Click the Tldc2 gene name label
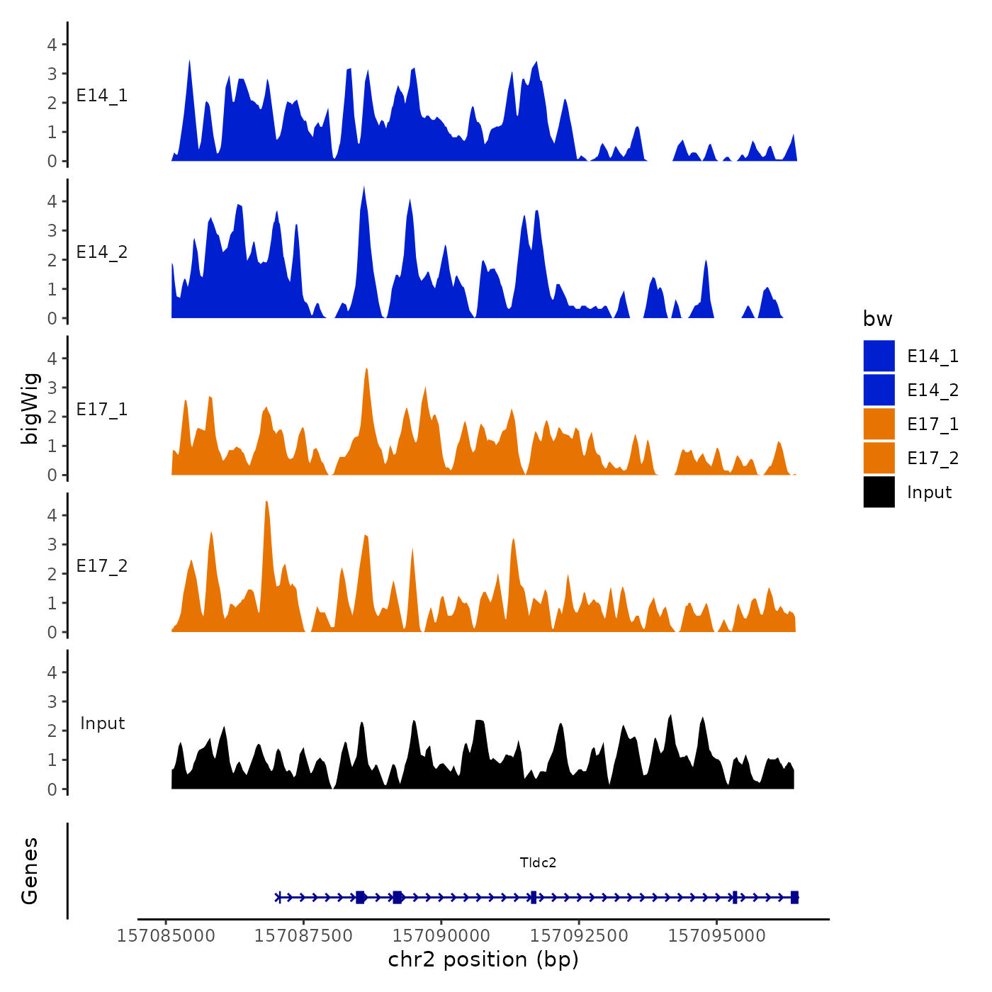(538, 862)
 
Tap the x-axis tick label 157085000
(166, 936)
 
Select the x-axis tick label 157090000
(441, 936)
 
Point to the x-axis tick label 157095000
(716, 936)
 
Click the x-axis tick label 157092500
(579, 936)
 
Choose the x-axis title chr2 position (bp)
(483, 959)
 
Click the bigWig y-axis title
(30, 408)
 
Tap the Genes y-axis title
(30, 871)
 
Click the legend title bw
(877, 319)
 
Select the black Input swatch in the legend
(879, 492)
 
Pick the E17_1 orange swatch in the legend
(879, 424)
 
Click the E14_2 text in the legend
(932, 390)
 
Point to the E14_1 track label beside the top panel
(102, 96)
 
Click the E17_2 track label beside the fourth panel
(102, 566)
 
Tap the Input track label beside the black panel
(102, 723)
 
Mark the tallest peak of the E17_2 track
(266, 502)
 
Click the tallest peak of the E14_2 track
(363, 188)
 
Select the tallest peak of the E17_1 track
(366, 369)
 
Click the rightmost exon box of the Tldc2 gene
(794, 897)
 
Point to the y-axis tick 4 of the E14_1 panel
(52, 45)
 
